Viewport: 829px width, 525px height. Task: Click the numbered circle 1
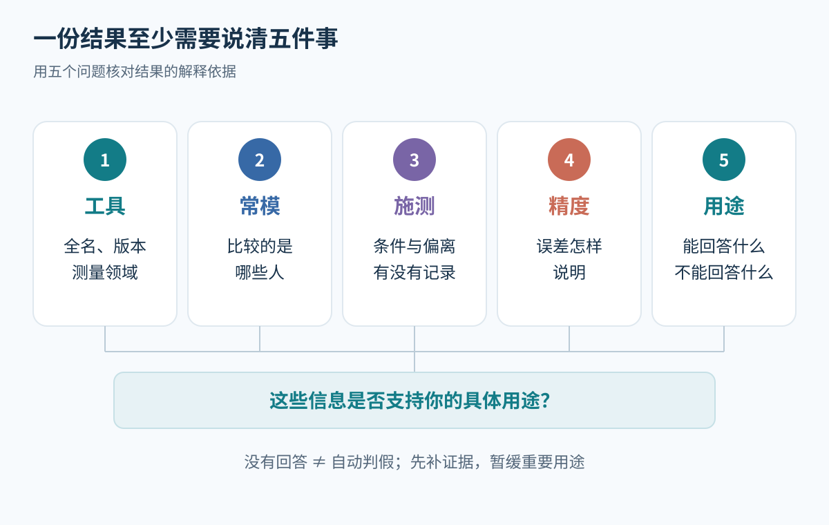[x=105, y=160]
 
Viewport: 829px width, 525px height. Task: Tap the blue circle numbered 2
[x=260, y=160]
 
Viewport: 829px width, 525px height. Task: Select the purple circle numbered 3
[x=414, y=160]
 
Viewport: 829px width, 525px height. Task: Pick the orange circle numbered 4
[x=569, y=160]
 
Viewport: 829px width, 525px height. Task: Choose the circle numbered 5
[x=724, y=160]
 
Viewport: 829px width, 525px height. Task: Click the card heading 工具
[x=105, y=206]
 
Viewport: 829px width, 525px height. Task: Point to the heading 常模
[x=260, y=206]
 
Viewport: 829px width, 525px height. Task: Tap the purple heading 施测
[x=414, y=206]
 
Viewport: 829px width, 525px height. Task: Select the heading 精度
[x=569, y=206]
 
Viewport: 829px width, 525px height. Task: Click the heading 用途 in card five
[x=724, y=206]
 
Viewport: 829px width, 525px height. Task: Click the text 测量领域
[x=105, y=273]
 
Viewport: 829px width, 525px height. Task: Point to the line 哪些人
[x=260, y=273]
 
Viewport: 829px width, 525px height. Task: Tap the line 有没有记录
[x=414, y=273]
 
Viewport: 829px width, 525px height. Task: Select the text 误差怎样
[x=569, y=246]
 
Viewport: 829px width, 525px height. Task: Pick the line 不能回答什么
[x=724, y=273]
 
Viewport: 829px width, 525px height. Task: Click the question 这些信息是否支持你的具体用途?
[x=410, y=401]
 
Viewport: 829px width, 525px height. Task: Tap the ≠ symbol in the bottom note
[x=319, y=462]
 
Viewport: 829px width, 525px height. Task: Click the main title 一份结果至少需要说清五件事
[x=186, y=39]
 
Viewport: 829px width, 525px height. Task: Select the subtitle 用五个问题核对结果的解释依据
[x=135, y=71]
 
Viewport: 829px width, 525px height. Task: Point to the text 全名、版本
[x=105, y=246]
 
